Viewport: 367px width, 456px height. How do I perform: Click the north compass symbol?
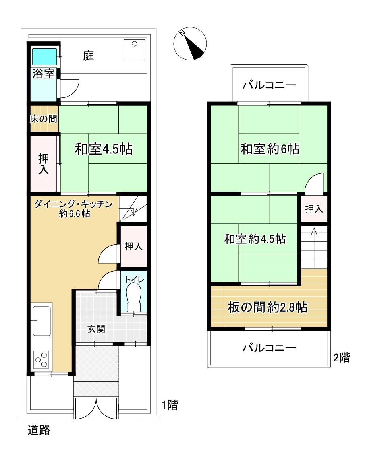tap(190, 44)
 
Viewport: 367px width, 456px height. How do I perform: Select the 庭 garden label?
tap(89, 56)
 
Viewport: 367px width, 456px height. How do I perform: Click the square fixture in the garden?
tap(135, 50)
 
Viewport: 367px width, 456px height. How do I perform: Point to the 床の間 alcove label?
tap(44, 119)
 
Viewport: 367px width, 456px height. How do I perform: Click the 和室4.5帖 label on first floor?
tap(104, 149)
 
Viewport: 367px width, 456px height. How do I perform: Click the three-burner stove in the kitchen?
tap(41, 359)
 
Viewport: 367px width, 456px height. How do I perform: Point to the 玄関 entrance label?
tap(97, 329)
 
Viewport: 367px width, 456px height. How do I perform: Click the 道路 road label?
tap(39, 430)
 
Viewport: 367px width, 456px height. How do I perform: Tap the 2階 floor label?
tap(342, 357)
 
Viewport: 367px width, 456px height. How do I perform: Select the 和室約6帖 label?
tap(270, 149)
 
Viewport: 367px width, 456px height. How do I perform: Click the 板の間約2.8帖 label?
tap(267, 308)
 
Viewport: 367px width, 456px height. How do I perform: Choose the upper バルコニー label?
tap(269, 85)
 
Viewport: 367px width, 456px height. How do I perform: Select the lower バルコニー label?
tap(269, 347)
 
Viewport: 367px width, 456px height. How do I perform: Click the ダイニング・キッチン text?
tap(73, 204)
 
